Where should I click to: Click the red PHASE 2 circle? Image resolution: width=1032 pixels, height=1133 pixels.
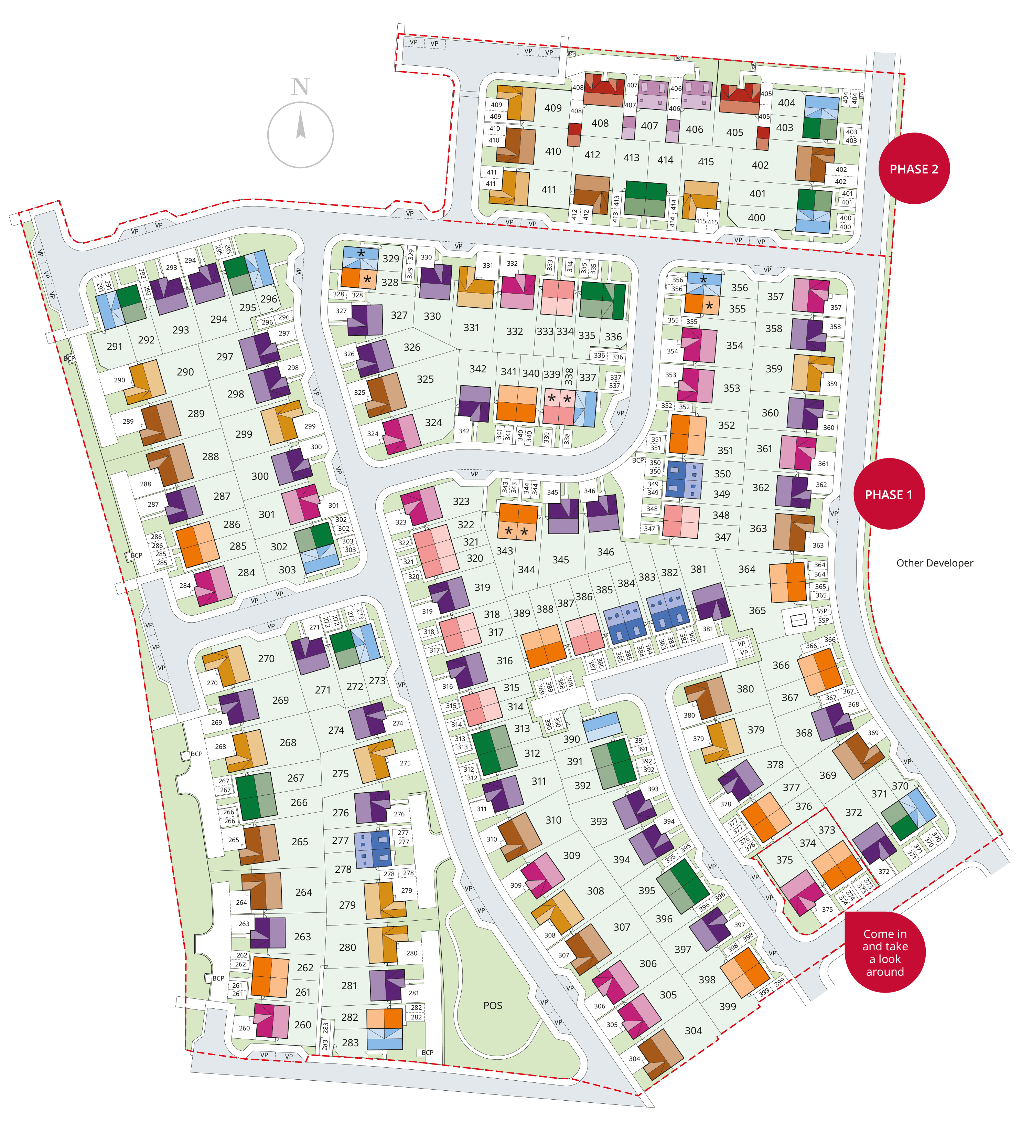click(913, 169)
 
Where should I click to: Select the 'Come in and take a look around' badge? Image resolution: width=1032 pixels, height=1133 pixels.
click(885, 952)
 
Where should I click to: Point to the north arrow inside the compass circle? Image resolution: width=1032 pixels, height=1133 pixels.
click(301, 125)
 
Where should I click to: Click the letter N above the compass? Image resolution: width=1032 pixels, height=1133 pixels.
click(301, 87)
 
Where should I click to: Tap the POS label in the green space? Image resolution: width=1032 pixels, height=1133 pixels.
click(493, 1005)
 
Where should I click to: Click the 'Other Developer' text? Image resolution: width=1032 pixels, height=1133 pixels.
click(934, 563)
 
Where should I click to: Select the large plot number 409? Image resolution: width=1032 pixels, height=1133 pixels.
click(553, 108)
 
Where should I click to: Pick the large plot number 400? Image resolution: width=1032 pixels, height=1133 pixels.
click(756, 218)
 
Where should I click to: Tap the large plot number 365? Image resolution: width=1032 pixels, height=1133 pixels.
click(757, 610)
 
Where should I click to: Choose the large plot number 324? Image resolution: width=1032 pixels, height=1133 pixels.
click(433, 423)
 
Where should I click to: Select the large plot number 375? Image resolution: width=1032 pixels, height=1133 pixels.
click(784, 860)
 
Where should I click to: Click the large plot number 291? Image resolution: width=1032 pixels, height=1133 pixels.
click(115, 347)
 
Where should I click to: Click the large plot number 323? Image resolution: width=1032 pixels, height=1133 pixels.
click(461, 501)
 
